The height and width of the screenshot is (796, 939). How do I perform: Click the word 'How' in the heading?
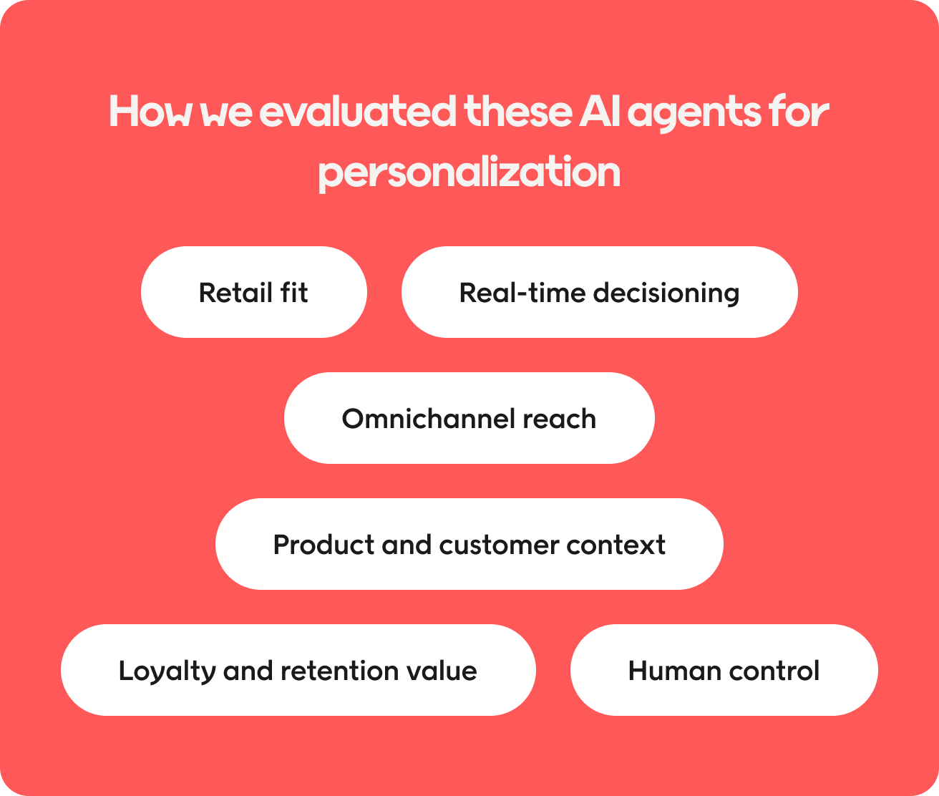[x=150, y=111]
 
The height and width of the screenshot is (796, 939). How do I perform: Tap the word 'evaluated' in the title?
[x=358, y=111]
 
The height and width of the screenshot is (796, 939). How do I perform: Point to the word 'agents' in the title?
[x=694, y=113]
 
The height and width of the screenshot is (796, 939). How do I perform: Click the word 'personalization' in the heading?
[x=469, y=173]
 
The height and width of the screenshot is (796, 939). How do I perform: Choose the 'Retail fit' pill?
[x=254, y=292]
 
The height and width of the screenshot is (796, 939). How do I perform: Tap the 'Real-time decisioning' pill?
[x=600, y=292]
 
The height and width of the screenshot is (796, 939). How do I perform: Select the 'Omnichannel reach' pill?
[x=469, y=418]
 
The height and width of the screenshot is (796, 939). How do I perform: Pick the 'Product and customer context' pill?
[x=469, y=544]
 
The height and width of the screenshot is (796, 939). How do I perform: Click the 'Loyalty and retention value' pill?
[x=298, y=670]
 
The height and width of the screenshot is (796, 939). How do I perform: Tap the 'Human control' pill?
[x=724, y=670]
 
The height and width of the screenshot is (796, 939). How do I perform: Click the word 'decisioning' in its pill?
[x=666, y=293]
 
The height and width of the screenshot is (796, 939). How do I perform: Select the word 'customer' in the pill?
[x=499, y=545]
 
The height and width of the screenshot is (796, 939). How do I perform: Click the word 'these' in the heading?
[x=518, y=111]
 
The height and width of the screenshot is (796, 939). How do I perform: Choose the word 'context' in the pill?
[x=616, y=545]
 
